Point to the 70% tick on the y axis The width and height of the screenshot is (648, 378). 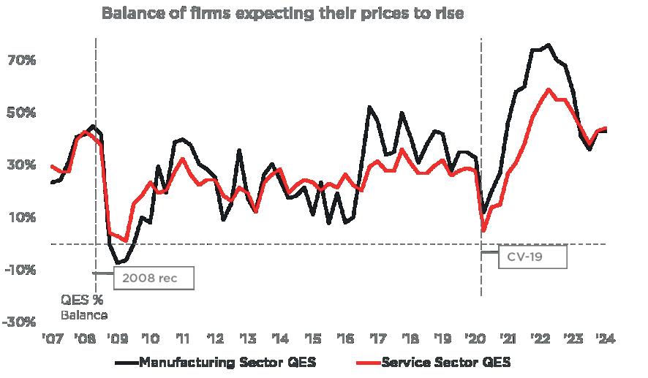point(21,60)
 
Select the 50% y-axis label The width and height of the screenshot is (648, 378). point(21,113)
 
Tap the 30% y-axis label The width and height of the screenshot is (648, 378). point(21,165)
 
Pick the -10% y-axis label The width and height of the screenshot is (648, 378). point(19,270)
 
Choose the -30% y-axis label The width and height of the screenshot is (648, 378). point(19,322)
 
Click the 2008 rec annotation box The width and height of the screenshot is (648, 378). point(153,279)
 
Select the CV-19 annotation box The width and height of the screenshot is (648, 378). point(532,257)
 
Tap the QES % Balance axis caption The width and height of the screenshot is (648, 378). point(83,307)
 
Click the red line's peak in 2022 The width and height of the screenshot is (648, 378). point(549,89)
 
